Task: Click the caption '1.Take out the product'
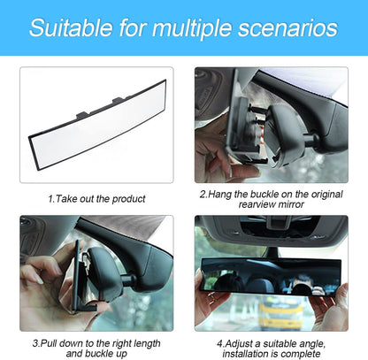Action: pyautogui.click(x=97, y=199)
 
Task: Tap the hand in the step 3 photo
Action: pyautogui.click(x=44, y=287)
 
